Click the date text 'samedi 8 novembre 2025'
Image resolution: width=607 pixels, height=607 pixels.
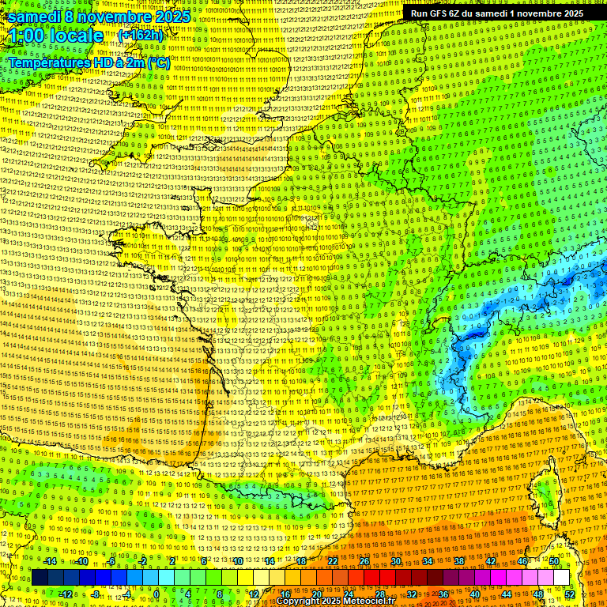(99, 17)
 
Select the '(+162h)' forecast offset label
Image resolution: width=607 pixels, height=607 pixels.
(140, 35)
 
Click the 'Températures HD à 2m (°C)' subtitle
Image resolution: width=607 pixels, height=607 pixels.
(89, 62)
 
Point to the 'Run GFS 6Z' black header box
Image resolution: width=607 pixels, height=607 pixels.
(496, 13)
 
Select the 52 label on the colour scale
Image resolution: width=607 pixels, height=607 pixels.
(570, 594)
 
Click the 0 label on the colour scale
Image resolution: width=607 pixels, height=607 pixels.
(156, 594)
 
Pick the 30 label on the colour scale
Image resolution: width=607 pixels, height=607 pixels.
(395, 561)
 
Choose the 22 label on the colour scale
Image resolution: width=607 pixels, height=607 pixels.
(333, 561)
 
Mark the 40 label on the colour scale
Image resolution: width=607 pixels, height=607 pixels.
(475, 594)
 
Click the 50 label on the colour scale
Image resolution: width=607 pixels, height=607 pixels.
(554, 561)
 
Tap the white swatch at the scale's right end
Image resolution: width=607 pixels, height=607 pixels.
(561, 578)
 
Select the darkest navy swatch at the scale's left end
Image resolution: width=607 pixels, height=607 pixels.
(40, 578)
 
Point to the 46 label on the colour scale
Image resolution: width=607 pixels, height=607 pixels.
(522, 561)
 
